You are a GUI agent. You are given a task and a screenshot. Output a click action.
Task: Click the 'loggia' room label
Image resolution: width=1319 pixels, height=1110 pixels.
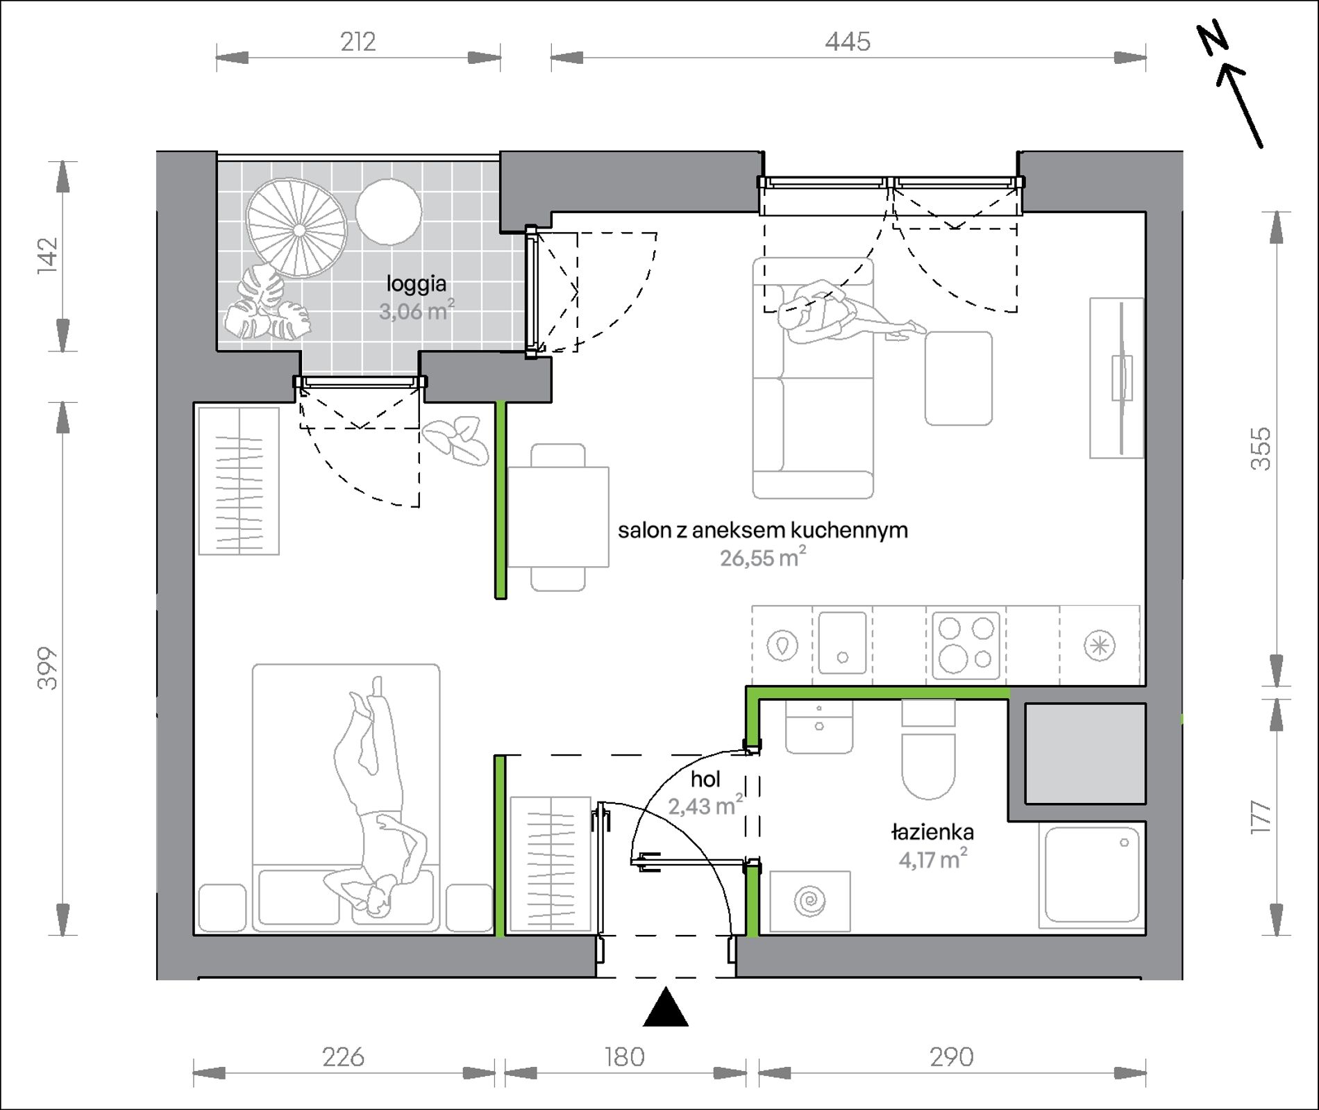click(417, 284)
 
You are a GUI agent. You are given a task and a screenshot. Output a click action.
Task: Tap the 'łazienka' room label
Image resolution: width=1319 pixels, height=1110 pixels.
click(932, 831)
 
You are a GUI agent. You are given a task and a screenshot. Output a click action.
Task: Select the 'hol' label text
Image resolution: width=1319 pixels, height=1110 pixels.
click(705, 779)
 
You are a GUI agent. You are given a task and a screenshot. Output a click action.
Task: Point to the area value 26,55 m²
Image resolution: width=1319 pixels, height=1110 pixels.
click(763, 557)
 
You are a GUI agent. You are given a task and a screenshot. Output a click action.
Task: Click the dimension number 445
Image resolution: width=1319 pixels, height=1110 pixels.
click(848, 42)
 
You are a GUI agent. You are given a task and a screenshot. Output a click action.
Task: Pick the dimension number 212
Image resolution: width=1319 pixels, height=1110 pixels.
click(358, 42)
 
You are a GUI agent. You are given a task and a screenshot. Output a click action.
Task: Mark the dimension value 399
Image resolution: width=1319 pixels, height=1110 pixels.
click(47, 668)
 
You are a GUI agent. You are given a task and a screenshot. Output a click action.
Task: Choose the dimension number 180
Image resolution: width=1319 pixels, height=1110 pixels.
click(625, 1057)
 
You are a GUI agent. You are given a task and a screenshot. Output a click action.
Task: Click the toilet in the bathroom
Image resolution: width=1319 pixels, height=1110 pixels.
click(928, 749)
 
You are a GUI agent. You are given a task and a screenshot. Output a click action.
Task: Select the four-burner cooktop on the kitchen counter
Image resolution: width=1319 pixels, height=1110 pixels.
click(966, 645)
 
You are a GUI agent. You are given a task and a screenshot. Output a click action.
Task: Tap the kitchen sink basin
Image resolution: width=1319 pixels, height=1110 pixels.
click(842, 643)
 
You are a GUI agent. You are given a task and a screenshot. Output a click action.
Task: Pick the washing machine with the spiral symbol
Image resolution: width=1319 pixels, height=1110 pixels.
click(810, 901)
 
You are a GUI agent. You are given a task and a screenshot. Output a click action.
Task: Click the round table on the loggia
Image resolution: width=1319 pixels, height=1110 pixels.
click(389, 212)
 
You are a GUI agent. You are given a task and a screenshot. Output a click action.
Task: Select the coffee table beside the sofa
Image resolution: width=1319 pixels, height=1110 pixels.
click(958, 378)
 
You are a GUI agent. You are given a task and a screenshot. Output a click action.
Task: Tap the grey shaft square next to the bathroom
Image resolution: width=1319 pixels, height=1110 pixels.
click(1085, 754)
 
